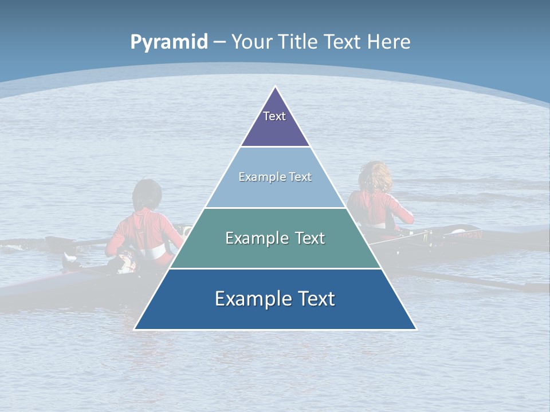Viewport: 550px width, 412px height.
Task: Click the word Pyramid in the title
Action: [x=168, y=42]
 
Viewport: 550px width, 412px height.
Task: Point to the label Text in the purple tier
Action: [x=274, y=116]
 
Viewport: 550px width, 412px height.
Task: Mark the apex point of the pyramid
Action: [x=276, y=87]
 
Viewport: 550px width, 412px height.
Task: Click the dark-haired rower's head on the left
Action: [x=147, y=194]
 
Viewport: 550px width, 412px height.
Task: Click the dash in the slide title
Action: [x=219, y=42]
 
